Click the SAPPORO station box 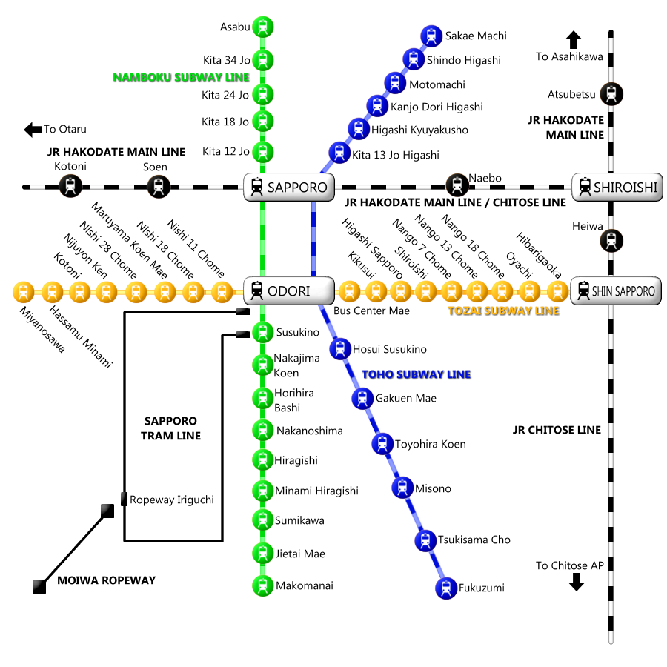pyautogui.click(x=289, y=187)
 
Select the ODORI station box pyautogui.click(x=289, y=291)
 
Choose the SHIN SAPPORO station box pyautogui.click(x=616, y=291)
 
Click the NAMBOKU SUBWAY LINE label pyautogui.click(x=181, y=77)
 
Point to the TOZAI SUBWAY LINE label pyautogui.click(x=503, y=311)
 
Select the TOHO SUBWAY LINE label pyautogui.click(x=416, y=374)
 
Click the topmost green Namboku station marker pyautogui.click(x=263, y=27)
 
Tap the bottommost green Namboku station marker pyautogui.click(x=263, y=585)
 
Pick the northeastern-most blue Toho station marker pyautogui.click(x=431, y=36)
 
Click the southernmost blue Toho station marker pyautogui.click(x=446, y=588)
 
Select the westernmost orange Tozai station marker pyautogui.click(x=24, y=292)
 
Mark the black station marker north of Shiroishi pyautogui.click(x=611, y=94)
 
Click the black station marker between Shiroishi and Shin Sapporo pyautogui.click(x=611, y=241)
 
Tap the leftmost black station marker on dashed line pyautogui.click(x=70, y=185)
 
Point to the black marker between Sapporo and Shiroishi pyautogui.click(x=457, y=185)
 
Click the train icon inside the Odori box pyautogui.click(x=257, y=291)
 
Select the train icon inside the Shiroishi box pyautogui.click(x=585, y=187)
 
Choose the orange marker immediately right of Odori pyautogui.click(x=349, y=291)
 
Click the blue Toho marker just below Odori pyautogui.click(x=340, y=348)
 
